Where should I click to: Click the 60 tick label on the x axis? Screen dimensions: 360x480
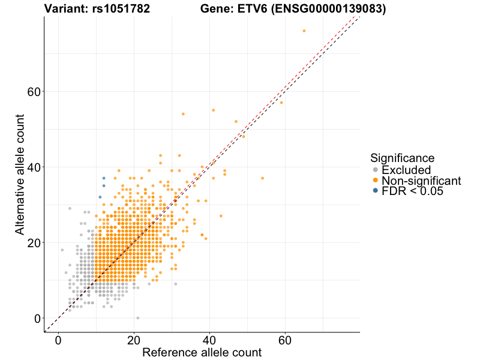click(x=285, y=340)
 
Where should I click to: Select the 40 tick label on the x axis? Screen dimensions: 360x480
click(x=209, y=340)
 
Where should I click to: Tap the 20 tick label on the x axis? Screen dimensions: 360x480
click(x=134, y=340)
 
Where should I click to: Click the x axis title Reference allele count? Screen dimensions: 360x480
click(x=202, y=352)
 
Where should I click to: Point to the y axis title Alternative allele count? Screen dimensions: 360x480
click(x=20, y=174)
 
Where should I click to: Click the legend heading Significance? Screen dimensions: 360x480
click(x=402, y=158)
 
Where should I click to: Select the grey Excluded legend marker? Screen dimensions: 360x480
click(x=376, y=170)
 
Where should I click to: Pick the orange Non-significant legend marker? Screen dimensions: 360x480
click(x=376, y=181)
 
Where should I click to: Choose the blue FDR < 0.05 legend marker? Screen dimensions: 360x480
click(x=376, y=191)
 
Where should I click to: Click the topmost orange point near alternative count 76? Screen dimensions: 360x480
click(x=304, y=31)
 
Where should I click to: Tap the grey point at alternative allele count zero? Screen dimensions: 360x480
click(x=137, y=318)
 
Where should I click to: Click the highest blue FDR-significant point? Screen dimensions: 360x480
click(x=104, y=178)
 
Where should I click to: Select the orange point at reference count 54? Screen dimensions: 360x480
click(x=262, y=178)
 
